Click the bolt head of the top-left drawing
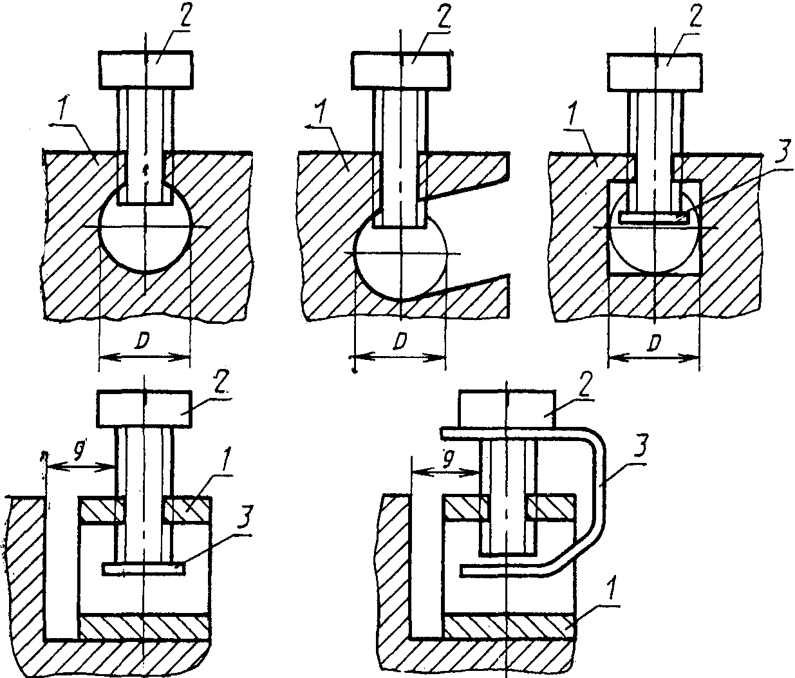point(146,70)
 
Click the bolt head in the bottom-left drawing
point(145,410)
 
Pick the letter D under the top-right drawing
point(654,342)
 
